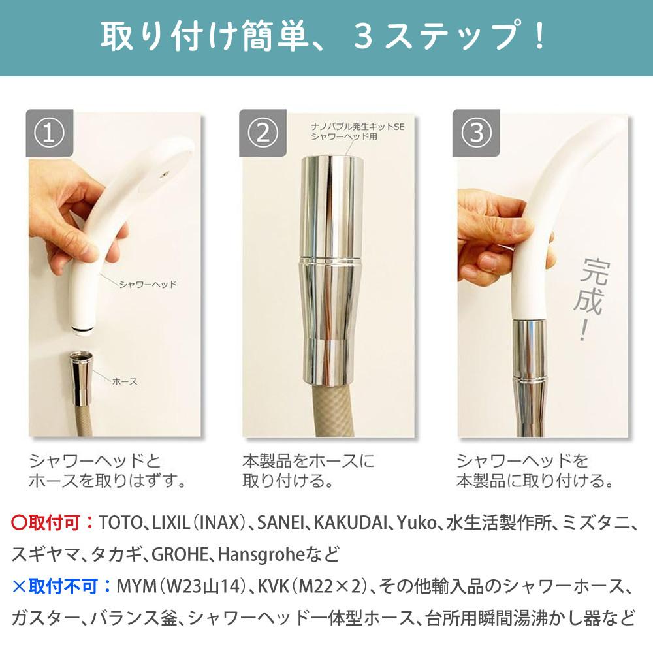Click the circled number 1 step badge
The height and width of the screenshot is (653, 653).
click(49, 133)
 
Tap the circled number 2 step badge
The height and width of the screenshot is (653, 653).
click(263, 133)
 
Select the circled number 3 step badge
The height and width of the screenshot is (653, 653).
click(476, 133)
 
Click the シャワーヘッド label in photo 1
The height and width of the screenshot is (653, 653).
click(148, 285)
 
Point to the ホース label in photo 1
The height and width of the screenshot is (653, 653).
click(125, 381)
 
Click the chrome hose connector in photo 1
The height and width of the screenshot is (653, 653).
click(80, 377)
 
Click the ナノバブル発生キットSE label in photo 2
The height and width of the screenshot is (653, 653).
click(358, 126)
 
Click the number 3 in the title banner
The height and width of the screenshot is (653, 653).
click(364, 37)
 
